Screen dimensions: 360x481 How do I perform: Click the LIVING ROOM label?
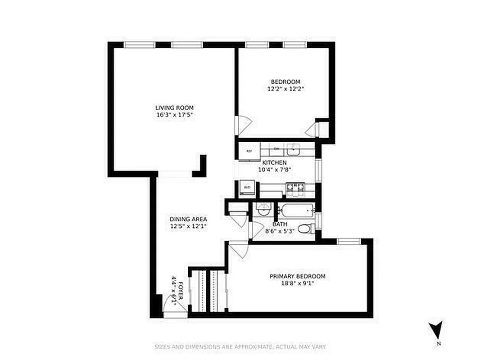point(174,108)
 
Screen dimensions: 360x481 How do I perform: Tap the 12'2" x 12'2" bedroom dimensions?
point(285,89)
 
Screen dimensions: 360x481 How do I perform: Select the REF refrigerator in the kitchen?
point(249,151)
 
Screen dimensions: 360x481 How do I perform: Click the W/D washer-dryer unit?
point(247,187)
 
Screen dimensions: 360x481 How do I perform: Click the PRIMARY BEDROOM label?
point(297,276)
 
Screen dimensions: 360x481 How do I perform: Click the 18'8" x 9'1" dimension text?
point(297,283)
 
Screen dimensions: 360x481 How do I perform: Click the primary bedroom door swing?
point(239,250)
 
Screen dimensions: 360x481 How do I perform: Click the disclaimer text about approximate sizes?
point(240,347)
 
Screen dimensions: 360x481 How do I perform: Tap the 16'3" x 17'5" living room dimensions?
point(174,115)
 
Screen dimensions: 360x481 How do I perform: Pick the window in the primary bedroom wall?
point(349,241)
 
